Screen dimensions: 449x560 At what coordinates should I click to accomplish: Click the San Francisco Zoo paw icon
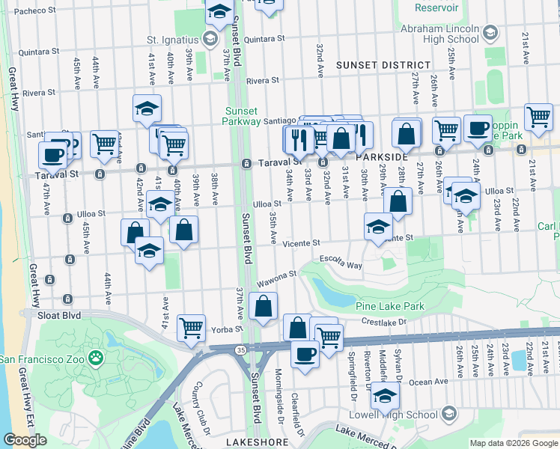[95, 358]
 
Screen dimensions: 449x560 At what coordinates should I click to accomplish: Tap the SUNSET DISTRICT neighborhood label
[383, 66]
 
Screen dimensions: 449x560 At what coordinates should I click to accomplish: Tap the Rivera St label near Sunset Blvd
[262, 80]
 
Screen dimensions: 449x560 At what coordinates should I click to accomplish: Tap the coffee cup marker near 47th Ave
[52, 155]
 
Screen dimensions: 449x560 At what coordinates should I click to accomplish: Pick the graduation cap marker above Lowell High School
[386, 396]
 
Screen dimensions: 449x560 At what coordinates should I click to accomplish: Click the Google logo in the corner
[25, 440]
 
